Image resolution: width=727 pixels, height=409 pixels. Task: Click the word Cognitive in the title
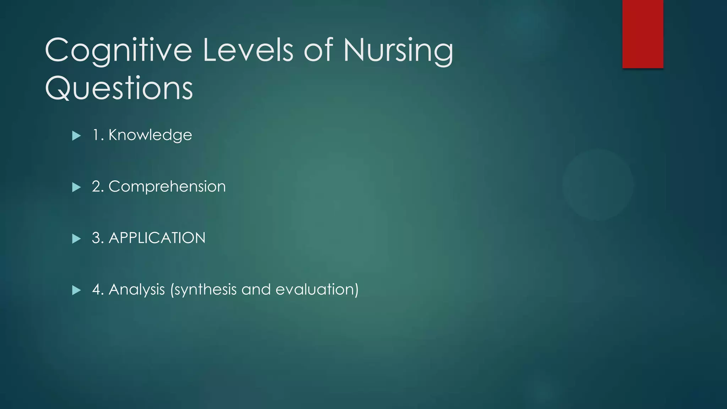point(118,51)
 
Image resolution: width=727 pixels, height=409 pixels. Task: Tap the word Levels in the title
point(248,50)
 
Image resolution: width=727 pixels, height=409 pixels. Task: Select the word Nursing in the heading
point(398,51)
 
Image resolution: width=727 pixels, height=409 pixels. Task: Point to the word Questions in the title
point(119,88)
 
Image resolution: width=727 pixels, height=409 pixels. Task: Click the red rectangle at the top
point(643,34)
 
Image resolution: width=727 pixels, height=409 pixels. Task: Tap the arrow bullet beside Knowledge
point(76,136)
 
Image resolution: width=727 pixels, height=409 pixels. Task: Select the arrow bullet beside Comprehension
point(76,187)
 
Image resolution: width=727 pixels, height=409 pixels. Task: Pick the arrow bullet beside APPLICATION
point(76,239)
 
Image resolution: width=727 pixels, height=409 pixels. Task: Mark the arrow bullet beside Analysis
point(76,290)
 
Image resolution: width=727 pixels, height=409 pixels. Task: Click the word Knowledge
point(150,135)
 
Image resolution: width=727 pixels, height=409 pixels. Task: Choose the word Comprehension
point(167,187)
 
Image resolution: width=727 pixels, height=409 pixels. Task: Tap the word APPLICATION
point(157,238)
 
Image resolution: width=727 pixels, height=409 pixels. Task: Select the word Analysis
point(137,290)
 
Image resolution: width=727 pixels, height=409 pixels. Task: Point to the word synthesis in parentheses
point(206,290)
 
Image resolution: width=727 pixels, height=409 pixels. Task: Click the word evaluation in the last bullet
point(315,289)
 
